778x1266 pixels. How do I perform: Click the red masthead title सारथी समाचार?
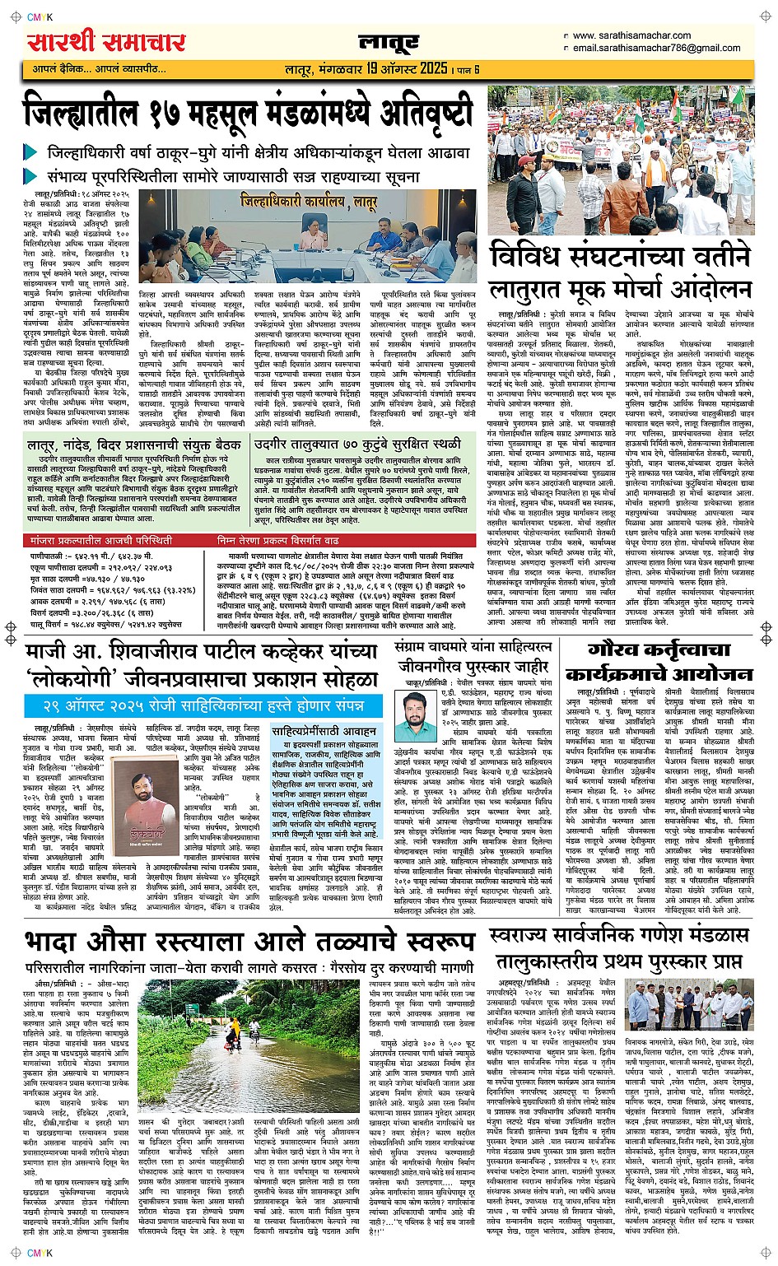[107, 43]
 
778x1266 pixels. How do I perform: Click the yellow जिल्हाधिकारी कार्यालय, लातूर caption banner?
[309, 199]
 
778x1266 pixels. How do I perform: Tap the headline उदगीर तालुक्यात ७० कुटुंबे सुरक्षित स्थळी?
[358, 444]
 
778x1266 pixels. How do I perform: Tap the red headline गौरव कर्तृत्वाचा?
[649, 650]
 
